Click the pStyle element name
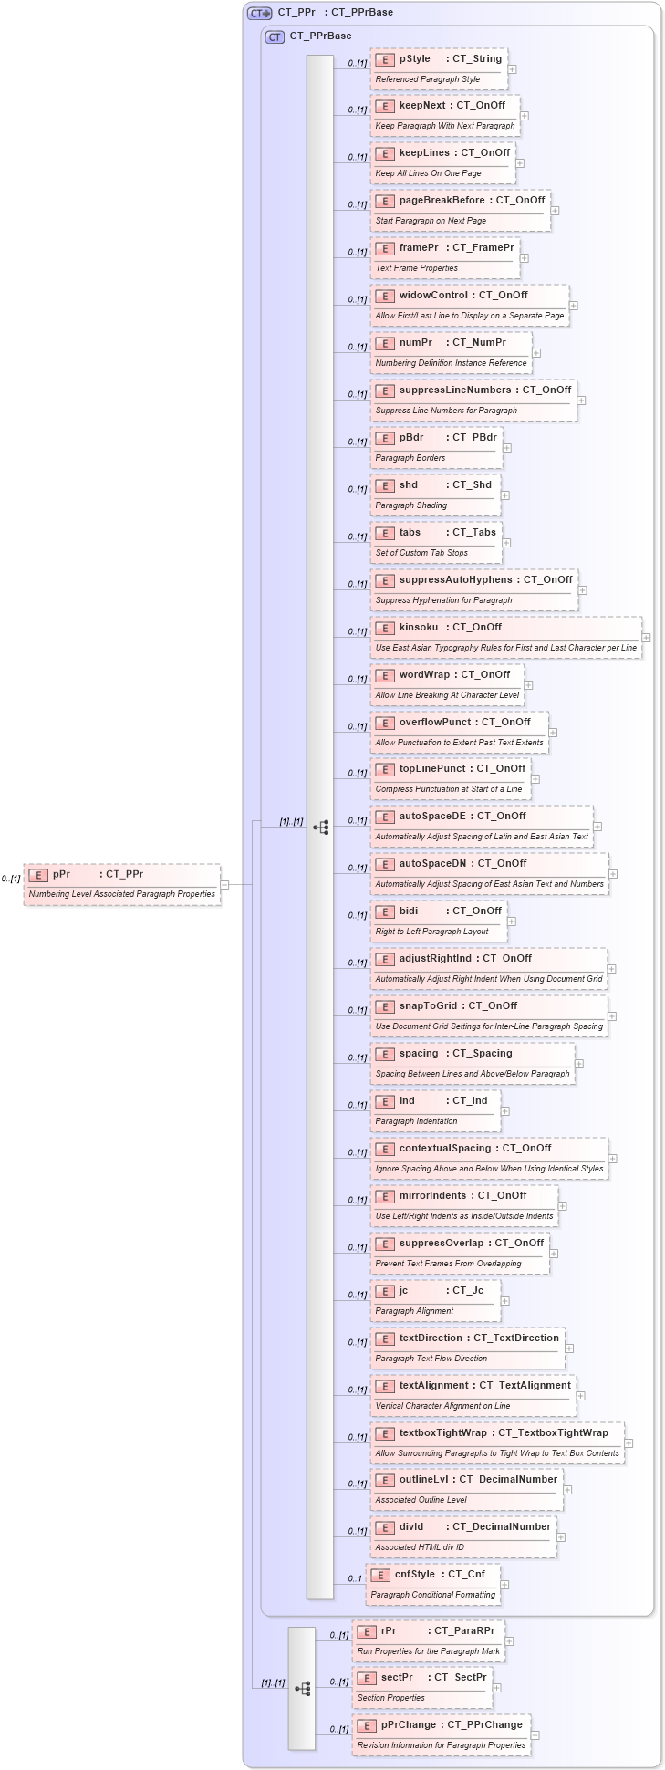tap(414, 58)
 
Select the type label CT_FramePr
tap(483, 247)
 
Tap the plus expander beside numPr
tap(536, 353)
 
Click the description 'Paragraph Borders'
tap(410, 458)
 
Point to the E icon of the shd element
tap(385, 485)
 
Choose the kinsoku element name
tap(419, 627)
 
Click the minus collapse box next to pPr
tap(224, 884)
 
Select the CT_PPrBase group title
tap(320, 36)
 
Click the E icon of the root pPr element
tap(38, 875)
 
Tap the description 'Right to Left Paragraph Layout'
tap(431, 932)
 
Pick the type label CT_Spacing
tap(483, 1053)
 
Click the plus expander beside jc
tap(505, 1301)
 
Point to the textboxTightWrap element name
tap(443, 1432)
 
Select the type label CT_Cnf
tap(466, 1574)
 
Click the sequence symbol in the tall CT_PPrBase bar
tap(320, 828)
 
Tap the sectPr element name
tap(397, 1677)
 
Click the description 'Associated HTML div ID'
tap(420, 1547)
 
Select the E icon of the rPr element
tap(367, 1631)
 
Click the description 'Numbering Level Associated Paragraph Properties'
tap(122, 894)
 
